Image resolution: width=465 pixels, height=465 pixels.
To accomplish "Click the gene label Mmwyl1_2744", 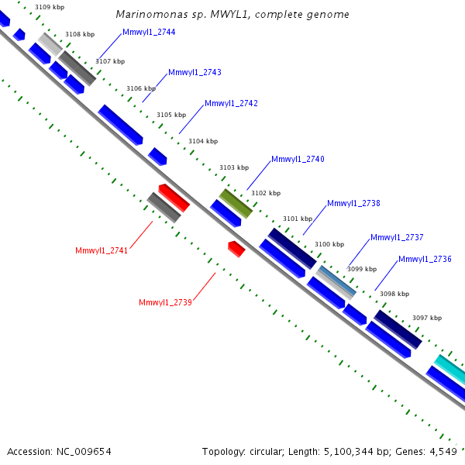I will [x=149, y=32].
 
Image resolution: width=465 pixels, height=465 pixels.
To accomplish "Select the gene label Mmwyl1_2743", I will [x=195, y=72].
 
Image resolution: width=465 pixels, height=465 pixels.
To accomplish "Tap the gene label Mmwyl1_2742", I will [x=231, y=103].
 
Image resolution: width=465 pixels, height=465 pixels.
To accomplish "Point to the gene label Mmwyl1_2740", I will [x=298, y=159].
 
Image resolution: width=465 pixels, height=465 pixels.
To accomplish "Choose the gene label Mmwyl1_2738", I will [x=353, y=203].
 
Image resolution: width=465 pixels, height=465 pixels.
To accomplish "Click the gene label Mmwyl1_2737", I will [x=397, y=237].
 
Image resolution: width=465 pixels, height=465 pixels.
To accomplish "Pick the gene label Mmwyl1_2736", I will [x=425, y=259].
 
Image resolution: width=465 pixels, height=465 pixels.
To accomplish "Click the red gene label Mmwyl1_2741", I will [x=102, y=250].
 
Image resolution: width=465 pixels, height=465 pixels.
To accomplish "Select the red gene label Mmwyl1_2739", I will [x=165, y=302].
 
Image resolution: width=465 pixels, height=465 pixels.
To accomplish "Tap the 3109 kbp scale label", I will [x=49, y=7].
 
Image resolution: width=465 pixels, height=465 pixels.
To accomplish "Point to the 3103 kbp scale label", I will [x=234, y=167].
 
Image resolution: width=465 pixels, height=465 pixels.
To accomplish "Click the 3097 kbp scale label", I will [x=427, y=318].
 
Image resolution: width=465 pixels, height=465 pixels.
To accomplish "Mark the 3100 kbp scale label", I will [x=329, y=244].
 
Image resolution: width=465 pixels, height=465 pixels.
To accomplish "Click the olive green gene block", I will [x=236, y=203].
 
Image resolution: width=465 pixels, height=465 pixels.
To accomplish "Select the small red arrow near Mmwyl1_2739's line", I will [x=236, y=249].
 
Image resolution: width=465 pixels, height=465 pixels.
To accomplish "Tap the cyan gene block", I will [x=450, y=367].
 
